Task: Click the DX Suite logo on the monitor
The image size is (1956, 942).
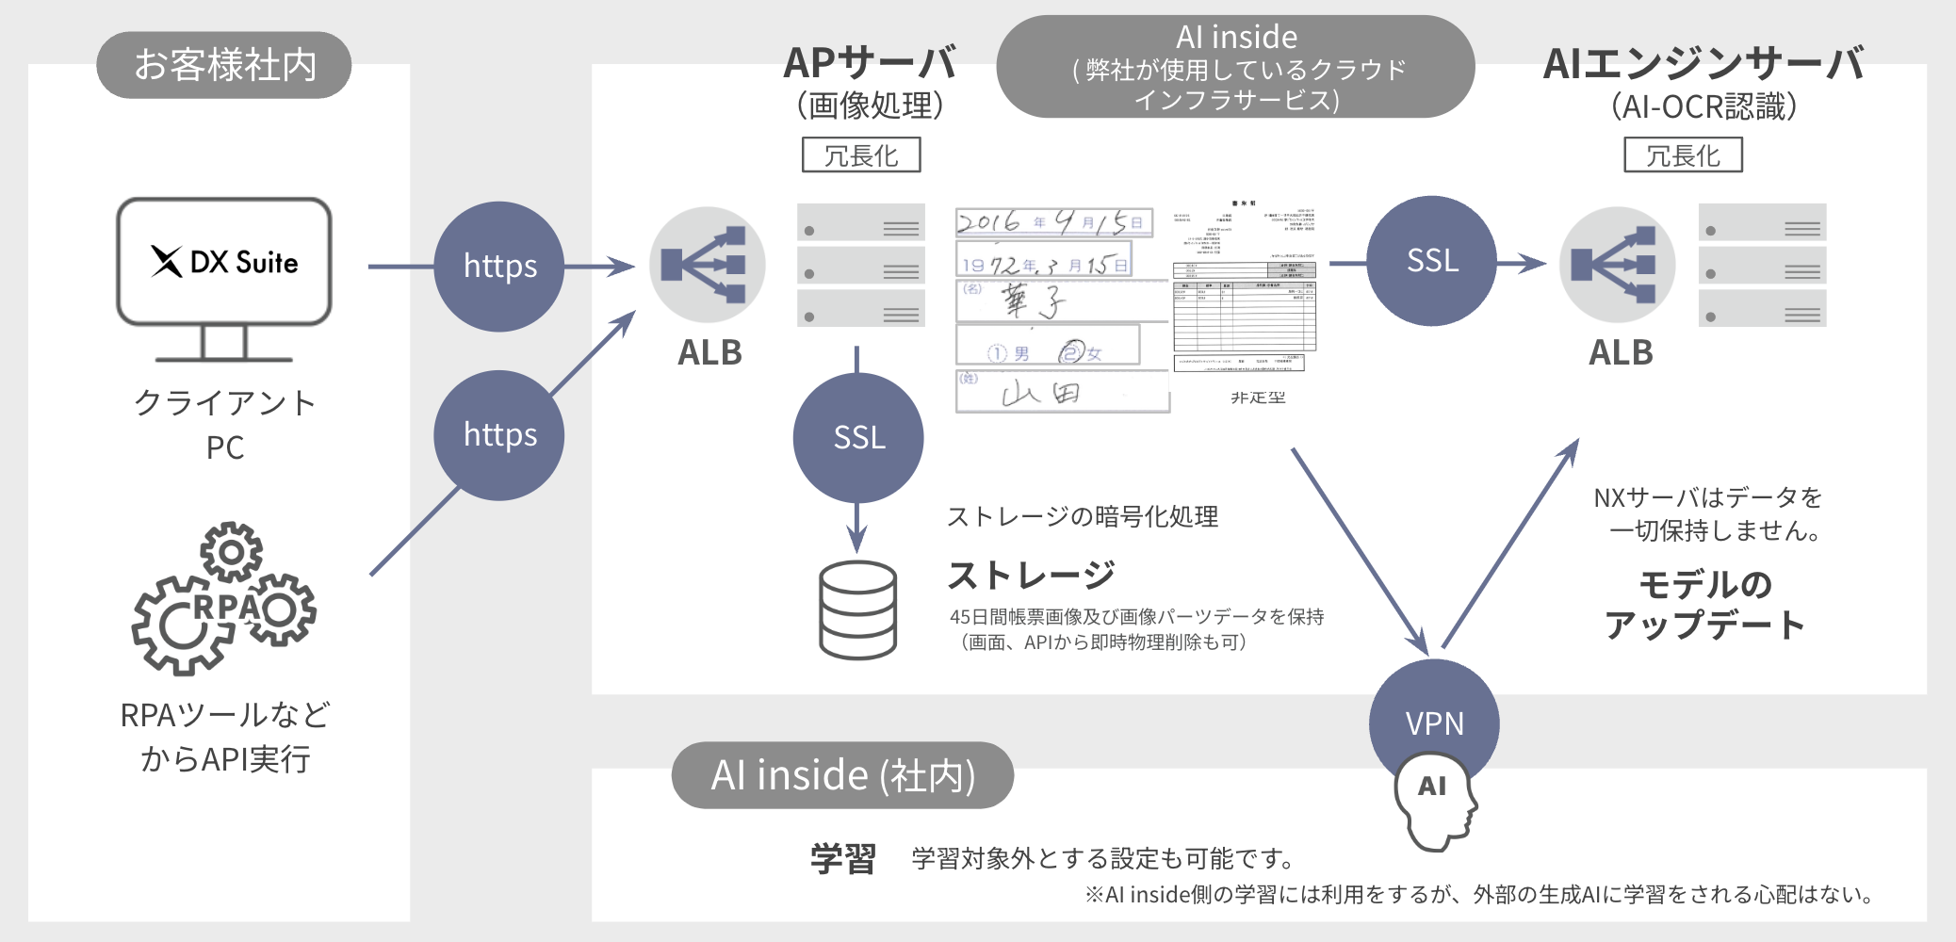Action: (x=224, y=262)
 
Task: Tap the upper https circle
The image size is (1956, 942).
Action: (x=499, y=267)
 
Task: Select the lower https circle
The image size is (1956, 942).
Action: (x=499, y=435)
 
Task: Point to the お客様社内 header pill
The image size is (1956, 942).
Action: (x=224, y=65)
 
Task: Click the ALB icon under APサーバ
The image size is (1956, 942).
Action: (x=707, y=265)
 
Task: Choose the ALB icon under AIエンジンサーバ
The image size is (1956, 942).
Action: (x=1617, y=265)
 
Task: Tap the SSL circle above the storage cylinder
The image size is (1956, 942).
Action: (x=858, y=437)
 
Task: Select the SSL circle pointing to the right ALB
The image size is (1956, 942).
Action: (x=1431, y=261)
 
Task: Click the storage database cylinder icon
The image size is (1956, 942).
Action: (x=857, y=610)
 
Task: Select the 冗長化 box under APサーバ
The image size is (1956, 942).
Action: (x=861, y=155)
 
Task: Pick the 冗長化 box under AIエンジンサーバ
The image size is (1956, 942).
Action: (x=1683, y=155)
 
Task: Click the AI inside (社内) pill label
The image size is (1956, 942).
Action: (x=842, y=775)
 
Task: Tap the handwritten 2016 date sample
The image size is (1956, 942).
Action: (x=1053, y=222)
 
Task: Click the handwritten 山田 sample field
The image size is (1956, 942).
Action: (x=1062, y=392)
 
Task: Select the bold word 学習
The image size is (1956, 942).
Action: (x=843, y=858)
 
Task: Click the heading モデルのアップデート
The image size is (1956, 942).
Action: (x=1704, y=605)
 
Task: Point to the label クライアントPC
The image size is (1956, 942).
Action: (x=224, y=424)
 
